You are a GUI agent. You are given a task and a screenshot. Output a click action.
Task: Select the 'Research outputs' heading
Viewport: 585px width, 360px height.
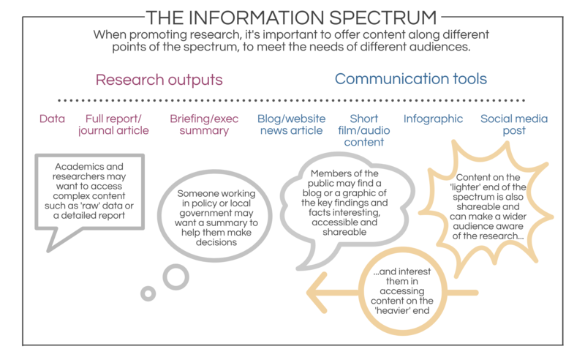click(159, 79)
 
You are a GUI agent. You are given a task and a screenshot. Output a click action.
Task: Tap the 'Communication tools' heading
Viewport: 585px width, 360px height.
click(410, 79)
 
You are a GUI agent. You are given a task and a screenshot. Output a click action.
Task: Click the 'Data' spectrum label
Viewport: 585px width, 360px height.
click(52, 119)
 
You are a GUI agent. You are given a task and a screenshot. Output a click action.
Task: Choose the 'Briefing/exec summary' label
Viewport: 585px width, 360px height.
click(199, 125)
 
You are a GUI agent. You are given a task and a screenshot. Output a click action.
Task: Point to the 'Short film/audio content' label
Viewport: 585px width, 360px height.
click(363, 131)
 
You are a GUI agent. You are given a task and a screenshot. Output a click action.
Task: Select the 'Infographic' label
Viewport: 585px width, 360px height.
click(434, 119)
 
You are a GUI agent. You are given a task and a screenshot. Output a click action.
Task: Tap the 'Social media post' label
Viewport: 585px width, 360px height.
click(513, 125)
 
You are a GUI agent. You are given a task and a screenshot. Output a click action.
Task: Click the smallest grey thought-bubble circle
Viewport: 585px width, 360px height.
click(148, 293)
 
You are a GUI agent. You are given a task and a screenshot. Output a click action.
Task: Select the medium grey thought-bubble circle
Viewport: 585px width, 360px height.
click(175, 277)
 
